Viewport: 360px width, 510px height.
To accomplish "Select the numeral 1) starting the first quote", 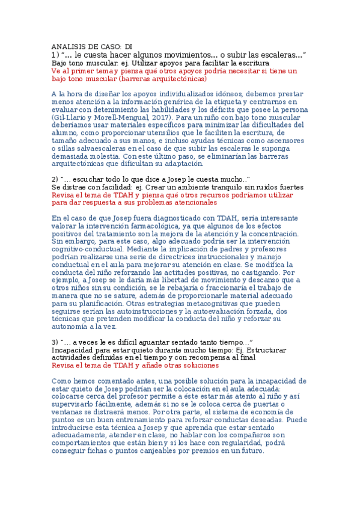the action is pos(55,55).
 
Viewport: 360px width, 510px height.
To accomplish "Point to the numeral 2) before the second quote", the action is pos(55,180).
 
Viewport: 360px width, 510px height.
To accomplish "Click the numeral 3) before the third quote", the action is pos(55,342).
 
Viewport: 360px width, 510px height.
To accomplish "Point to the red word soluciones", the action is pos(197,365).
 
